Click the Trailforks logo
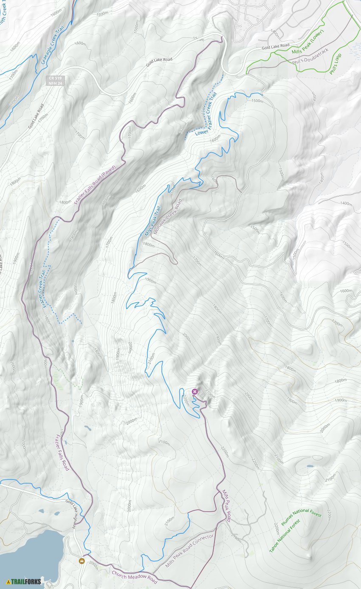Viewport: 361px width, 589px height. pyautogui.click(x=24, y=581)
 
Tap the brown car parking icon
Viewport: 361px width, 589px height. pyautogui.click(x=82, y=561)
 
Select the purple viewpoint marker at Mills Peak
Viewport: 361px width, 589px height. pyautogui.click(x=195, y=392)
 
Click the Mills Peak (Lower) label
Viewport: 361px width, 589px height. pyautogui.click(x=308, y=42)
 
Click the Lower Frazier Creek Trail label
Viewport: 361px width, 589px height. pyautogui.click(x=206, y=115)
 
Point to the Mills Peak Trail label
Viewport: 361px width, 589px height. pyautogui.click(x=153, y=221)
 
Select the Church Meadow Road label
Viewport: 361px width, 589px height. pyautogui.click(x=134, y=577)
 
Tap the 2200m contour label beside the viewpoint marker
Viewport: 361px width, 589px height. pyautogui.click(x=186, y=400)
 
